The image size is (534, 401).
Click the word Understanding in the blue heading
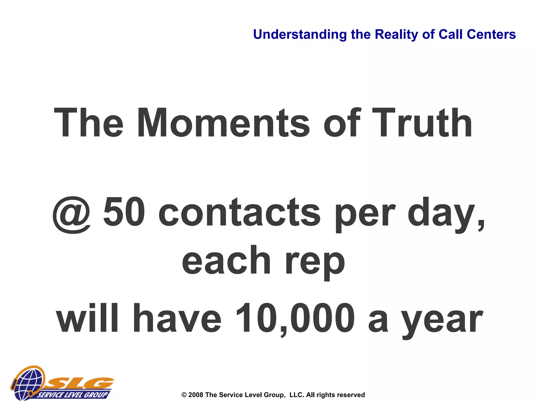[300, 35]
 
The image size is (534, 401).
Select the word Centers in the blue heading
[491, 34]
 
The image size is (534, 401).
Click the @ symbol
[72, 215]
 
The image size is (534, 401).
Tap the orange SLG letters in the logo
[81, 383]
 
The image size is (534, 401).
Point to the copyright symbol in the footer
[184, 395]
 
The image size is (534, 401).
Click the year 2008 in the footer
[196, 395]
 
